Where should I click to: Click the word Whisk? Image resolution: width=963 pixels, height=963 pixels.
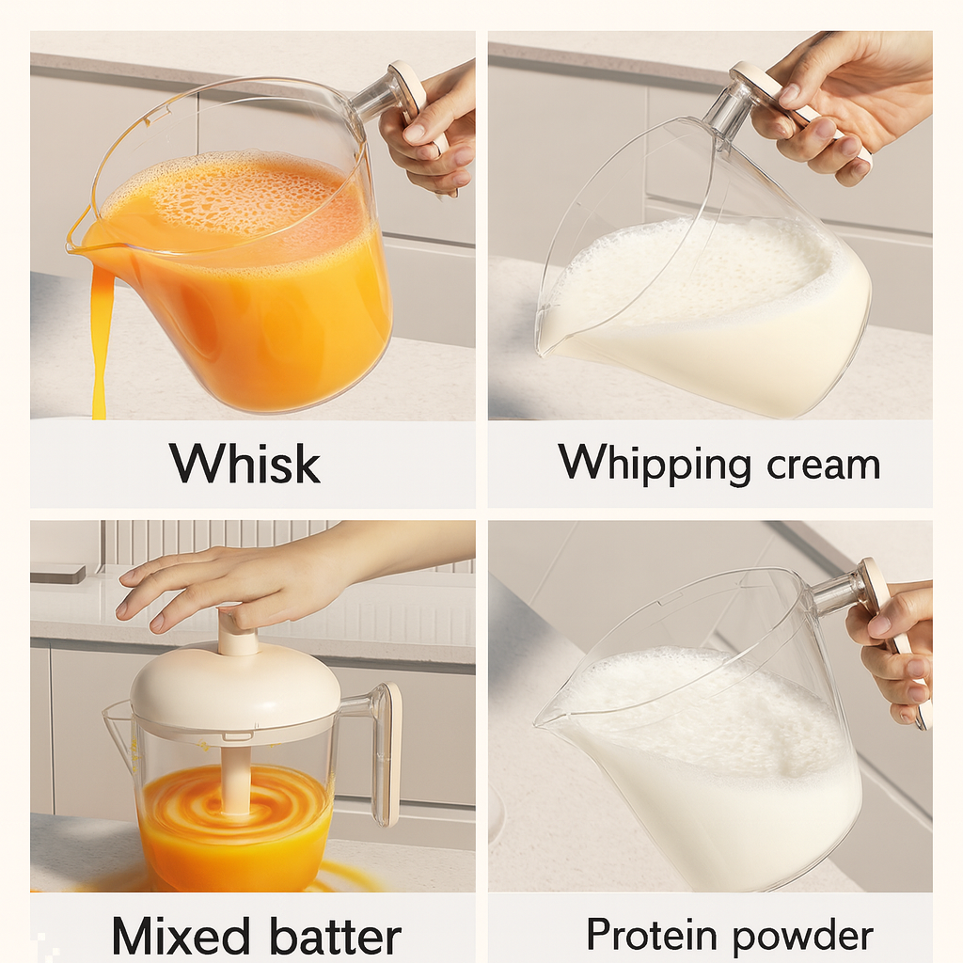pyautogui.click(x=245, y=464)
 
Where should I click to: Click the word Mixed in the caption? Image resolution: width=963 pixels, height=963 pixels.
pyautogui.click(x=179, y=937)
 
